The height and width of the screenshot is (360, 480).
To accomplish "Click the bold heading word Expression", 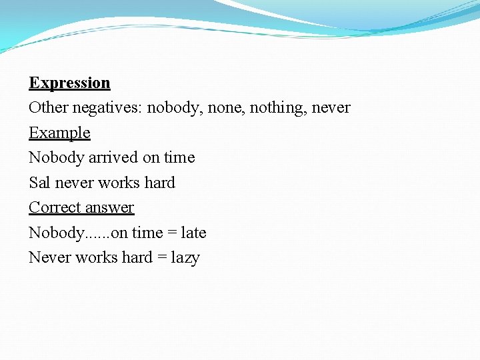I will (x=69, y=83).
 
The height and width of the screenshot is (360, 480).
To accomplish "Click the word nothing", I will (x=274, y=108).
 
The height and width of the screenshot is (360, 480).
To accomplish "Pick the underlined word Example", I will (x=59, y=133).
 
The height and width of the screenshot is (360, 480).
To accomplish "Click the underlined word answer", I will (x=111, y=208).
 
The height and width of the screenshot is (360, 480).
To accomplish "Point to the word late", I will (x=193, y=233).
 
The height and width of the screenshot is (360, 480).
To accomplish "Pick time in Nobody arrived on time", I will (x=179, y=157).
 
